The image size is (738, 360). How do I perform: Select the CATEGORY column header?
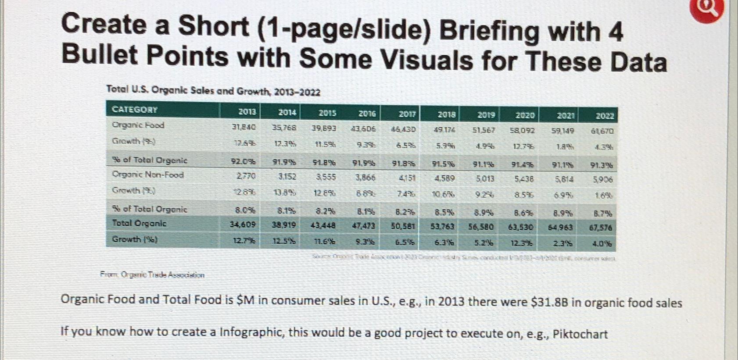(135, 110)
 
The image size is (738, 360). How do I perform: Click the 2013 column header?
(247, 112)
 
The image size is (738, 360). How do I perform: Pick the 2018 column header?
(446, 114)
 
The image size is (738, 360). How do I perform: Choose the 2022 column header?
(605, 116)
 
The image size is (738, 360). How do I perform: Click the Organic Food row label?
(138, 125)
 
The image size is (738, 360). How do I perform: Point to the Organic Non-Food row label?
(148, 175)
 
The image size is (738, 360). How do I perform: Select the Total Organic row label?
(139, 224)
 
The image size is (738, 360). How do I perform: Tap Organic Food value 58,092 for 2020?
(522, 130)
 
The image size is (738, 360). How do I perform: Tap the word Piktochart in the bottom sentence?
(580, 334)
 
